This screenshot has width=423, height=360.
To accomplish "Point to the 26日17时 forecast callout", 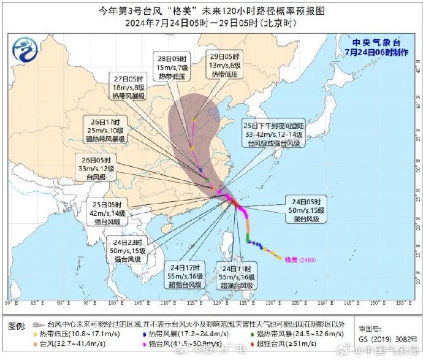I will (x=105, y=130).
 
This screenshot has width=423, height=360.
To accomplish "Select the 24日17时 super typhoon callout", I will (x=186, y=277).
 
